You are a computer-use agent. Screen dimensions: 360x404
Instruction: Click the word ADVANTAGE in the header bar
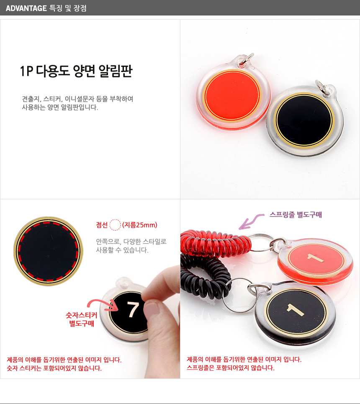tap(26, 8)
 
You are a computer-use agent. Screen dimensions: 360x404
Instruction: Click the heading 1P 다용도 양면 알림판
tap(76, 71)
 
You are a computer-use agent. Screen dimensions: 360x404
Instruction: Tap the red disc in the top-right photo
tap(232, 95)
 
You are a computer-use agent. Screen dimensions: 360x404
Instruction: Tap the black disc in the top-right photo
tap(304, 120)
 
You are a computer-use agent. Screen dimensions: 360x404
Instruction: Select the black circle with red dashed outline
tap(48, 251)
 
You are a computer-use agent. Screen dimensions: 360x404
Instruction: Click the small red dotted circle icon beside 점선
tap(115, 225)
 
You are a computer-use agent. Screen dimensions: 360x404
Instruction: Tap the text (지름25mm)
tap(140, 225)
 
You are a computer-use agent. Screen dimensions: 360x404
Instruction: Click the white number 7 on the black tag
tap(133, 309)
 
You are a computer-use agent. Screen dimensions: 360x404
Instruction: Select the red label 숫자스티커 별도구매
tap(82, 319)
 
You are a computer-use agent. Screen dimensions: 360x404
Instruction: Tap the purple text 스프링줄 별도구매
tap(296, 215)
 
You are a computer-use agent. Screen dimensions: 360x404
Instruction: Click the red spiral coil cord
tap(216, 244)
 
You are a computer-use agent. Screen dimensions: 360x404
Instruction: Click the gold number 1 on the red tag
tap(315, 258)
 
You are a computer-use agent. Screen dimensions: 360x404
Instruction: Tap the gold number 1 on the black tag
tap(296, 309)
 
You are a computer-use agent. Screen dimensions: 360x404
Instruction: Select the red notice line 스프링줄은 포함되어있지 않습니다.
tap(231, 368)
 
